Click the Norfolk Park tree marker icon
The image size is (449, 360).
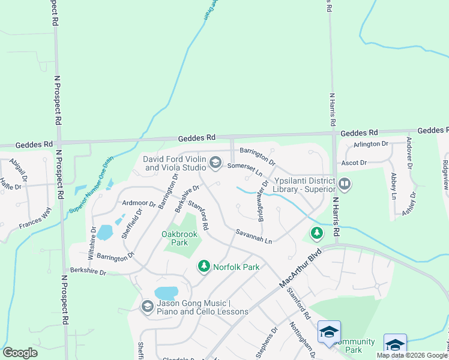[204, 266]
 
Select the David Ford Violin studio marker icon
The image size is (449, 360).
[215, 163]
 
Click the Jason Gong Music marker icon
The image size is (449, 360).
[147, 307]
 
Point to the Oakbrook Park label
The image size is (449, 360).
[175, 238]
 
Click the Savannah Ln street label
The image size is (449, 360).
[254, 236]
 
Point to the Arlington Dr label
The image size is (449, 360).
[371, 144]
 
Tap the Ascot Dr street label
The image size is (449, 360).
[354, 163]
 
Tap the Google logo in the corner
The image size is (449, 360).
[20, 352]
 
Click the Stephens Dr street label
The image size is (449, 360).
[267, 342]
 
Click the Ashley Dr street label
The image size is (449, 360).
[410, 205]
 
